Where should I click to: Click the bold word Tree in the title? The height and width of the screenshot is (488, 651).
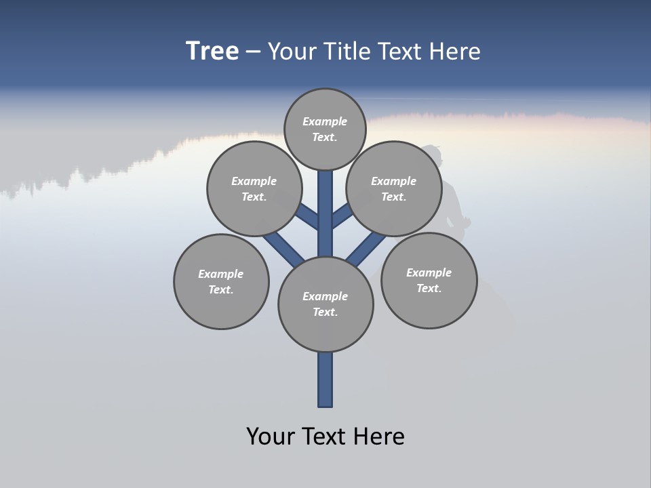pos(212,51)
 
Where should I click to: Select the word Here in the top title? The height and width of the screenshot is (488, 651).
pos(455,52)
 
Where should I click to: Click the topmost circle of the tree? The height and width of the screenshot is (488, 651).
pos(325,129)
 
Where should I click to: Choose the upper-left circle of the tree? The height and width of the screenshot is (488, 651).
pos(254,188)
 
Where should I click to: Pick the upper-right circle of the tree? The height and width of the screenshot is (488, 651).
pos(394,188)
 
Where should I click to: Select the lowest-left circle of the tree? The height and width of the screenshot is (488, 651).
pos(221,281)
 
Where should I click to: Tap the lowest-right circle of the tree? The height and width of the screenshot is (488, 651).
pos(429,280)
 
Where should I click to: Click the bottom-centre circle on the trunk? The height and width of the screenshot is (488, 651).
pos(325,304)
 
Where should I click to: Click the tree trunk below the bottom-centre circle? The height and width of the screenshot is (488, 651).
pos(325,380)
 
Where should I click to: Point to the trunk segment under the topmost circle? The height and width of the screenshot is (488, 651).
pos(325,210)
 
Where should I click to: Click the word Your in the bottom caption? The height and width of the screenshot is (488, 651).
pos(271,436)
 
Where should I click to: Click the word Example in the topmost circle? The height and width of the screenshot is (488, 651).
pos(325,121)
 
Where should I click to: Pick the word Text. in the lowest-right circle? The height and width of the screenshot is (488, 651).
pos(429,288)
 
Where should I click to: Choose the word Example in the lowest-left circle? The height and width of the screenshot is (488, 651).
pos(220,274)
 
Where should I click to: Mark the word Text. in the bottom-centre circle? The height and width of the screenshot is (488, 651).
pos(325,312)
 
